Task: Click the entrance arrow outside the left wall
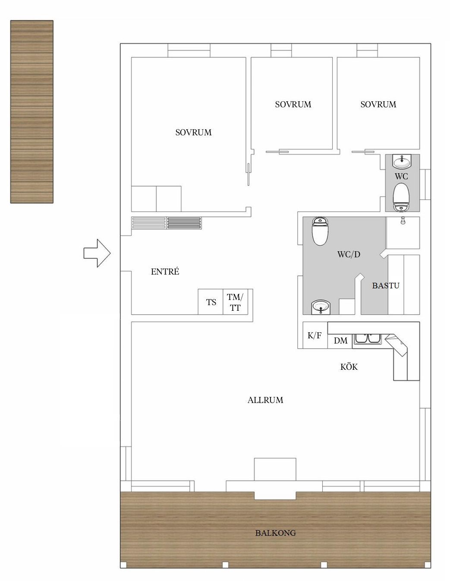click(x=97, y=253)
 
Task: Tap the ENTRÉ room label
click(x=165, y=272)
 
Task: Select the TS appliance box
click(x=211, y=302)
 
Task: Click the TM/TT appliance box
click(x=236, y=302)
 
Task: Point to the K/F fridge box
click(x=315, y=335)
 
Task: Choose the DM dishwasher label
click(x=340, y=340)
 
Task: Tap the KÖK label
click(x=349, y=367)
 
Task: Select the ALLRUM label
click(x=265, y=407)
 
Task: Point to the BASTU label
click(x=386, y=286)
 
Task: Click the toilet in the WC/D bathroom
click(x=320, y=231)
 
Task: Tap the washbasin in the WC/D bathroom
click(x=321, y=307)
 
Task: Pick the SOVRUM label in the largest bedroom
click(x=193, y=132)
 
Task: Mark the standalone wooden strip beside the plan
click(x=32, y=112)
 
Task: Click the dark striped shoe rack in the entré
click(x=184, y=223)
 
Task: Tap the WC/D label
click(x=349, y=254)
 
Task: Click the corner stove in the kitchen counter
click(x=396, y=345)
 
